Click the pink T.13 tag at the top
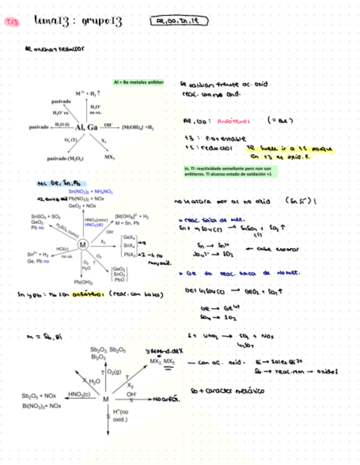[12, 22]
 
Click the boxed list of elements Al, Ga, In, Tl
[179, 22]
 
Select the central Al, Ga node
[84, 127]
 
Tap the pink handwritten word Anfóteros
[233, 121]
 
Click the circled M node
[82, 244]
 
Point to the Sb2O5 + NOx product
[39, 395]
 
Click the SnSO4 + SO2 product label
[46, 217]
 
